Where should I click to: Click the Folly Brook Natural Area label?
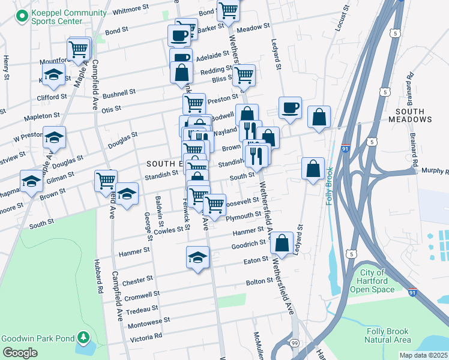coord(388,335)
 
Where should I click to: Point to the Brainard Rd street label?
coord(411,86)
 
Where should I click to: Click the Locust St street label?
coord(343,17)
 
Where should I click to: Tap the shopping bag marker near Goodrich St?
coord(282,243)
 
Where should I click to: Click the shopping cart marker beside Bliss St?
coord(244,76)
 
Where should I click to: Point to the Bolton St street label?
coord(259,281)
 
